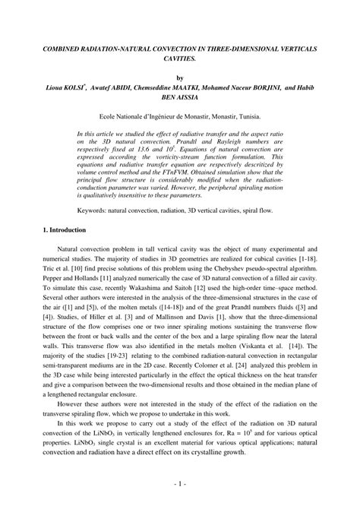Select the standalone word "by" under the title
[180, 77]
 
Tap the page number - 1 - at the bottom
[180, 483]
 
